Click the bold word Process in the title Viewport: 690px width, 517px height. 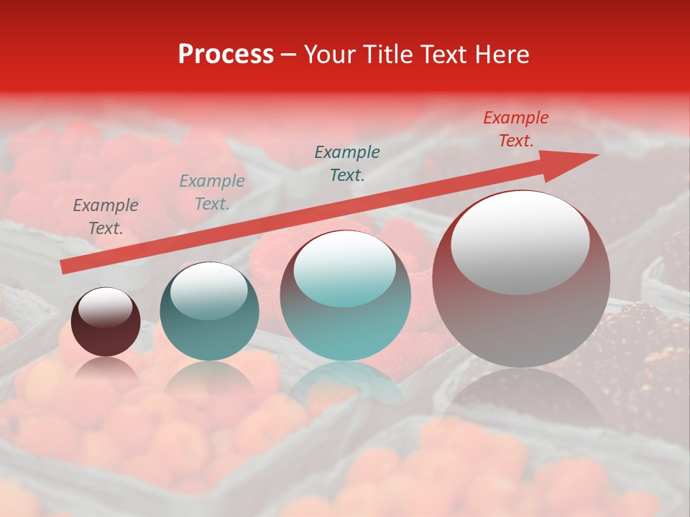(226, 55)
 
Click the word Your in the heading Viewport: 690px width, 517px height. (328, 55)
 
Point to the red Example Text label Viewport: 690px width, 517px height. (515, 129)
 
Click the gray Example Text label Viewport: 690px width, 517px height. (105, 217)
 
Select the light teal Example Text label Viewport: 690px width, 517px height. (211, 192)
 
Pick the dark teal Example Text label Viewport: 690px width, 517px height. (347, 164)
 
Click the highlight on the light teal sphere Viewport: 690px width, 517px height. (344, 269)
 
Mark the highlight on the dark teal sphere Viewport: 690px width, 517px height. (208, 290)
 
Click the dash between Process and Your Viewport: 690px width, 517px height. (289, 55)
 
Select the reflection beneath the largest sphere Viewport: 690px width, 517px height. (521, 395)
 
